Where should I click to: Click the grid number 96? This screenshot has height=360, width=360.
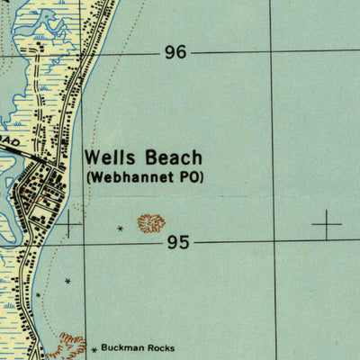click(x=175, y=53)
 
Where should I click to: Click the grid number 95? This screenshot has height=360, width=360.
click(x=177, y=243)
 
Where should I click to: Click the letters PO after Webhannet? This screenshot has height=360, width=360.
click(x=190, y=177)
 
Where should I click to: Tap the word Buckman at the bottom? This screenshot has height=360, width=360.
click(x=123, y=347)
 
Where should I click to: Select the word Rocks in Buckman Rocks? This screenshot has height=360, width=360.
click(x=162, y=347)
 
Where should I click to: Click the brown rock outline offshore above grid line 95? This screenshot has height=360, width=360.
click(x=151, y=222)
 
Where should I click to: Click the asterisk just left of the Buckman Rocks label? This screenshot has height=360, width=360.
click(x=94, y=348)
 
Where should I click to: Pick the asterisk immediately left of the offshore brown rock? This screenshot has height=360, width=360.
click(x=121, y=229)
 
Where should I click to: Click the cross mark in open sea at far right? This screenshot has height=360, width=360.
click(x=327, y=221)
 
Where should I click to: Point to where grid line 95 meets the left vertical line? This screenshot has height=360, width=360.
click(x=85, y=242)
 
